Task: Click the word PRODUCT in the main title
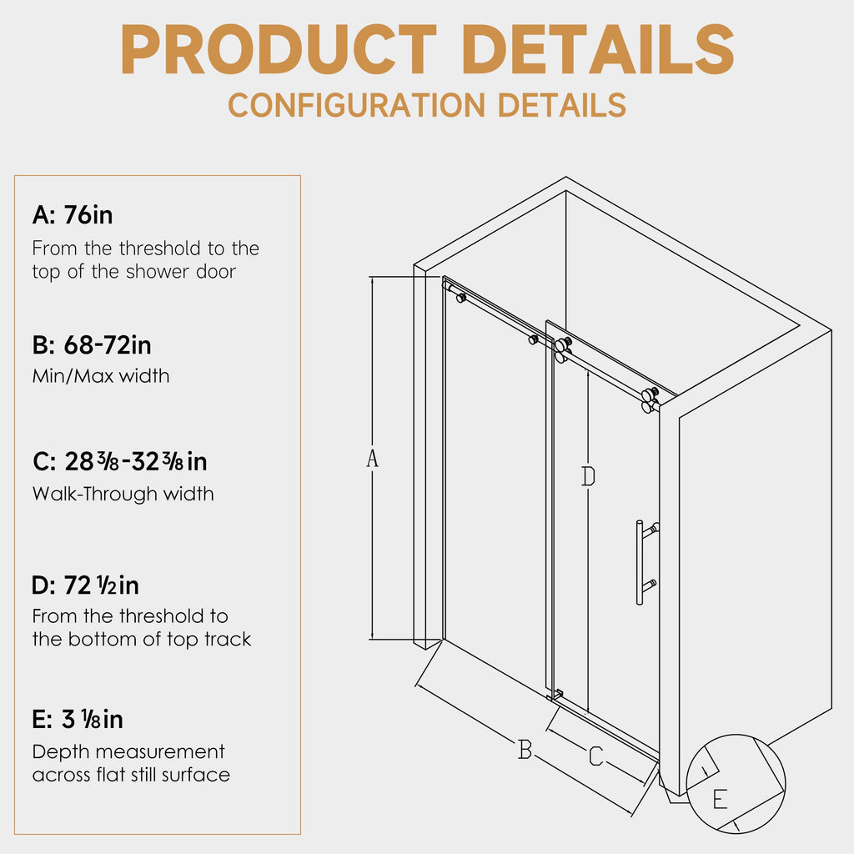pos(279,49)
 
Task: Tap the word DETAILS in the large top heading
pos(599,49)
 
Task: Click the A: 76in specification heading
pos(73,215)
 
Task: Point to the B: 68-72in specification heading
pos(92,345)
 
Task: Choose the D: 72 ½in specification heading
pos(86,585)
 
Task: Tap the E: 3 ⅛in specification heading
pos(78,720)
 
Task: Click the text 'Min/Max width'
pos(101,376)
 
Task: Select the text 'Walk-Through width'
pos(123,494)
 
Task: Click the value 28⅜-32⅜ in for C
pos(136,462)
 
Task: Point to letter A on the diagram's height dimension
pos(372,459)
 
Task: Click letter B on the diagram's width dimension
pos(525,750)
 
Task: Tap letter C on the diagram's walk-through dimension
pos(596,756)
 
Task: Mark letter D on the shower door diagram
pos(588,476)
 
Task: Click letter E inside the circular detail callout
pos(720,800)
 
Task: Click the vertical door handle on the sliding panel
pos(640,563)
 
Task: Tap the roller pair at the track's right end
pos(650,400)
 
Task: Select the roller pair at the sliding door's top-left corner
pos(563,349)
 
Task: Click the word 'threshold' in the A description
pos(161,249)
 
